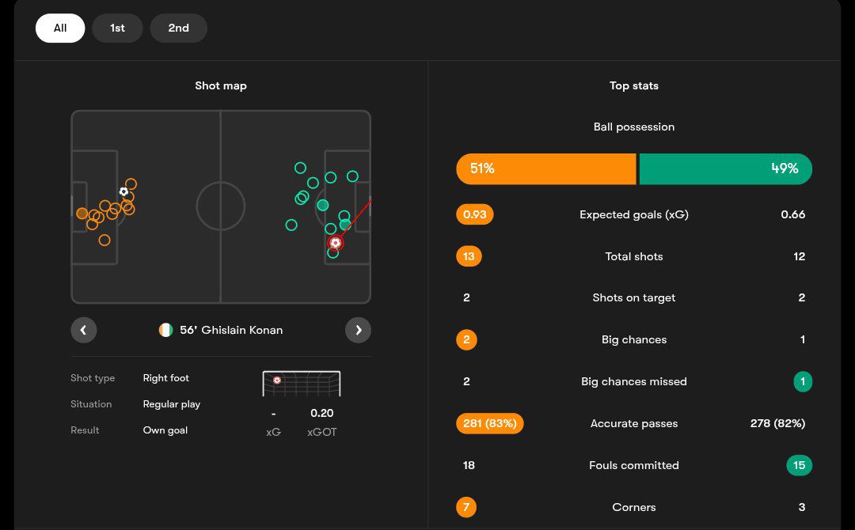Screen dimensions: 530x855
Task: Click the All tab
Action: pyautogui.click(x=60, y=28)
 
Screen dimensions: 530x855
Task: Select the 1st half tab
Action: pyautogui.click(x=117, y=28)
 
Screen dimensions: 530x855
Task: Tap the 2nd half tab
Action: pyautogui.click(x=178, y=28)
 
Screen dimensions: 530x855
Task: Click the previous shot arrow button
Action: pyautogui.click(x=83, y=330)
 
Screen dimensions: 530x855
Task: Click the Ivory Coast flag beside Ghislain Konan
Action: pyautogui.click(x=165, y=330)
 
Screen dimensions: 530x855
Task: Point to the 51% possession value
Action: pyautogui.click(x=482, y=168)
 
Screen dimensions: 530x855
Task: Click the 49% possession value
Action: pyautogui.click(x=785, y=168)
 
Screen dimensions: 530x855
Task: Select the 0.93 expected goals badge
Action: pyautogui.click(x=475, y=214)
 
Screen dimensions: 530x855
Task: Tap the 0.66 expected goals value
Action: pyautogui.click(x=792, y=214)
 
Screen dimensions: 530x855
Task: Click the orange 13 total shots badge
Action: pyautogui.click(x=469, y=256)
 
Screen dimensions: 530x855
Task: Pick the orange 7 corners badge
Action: pyautogui.click(x=466, y=507)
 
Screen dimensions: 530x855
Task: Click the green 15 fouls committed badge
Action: pyautogui.click(x=799, y=465)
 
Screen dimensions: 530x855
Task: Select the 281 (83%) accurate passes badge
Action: pyautogui.click(x=489, y=423)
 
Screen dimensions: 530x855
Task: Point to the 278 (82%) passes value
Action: pyautogui.click(x=777, y=423)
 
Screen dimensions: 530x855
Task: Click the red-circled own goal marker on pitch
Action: pyautogui.click(x=335, y=243)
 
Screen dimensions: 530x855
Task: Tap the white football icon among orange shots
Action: pyautogui.click(x=123, y=191)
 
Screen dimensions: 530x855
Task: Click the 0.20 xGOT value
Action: pyautogui.click(x=322, y=413)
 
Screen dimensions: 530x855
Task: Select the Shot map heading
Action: pyautogui.click(x=221, y=85)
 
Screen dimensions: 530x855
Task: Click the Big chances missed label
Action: pyautogui.click(x=633, y=381)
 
